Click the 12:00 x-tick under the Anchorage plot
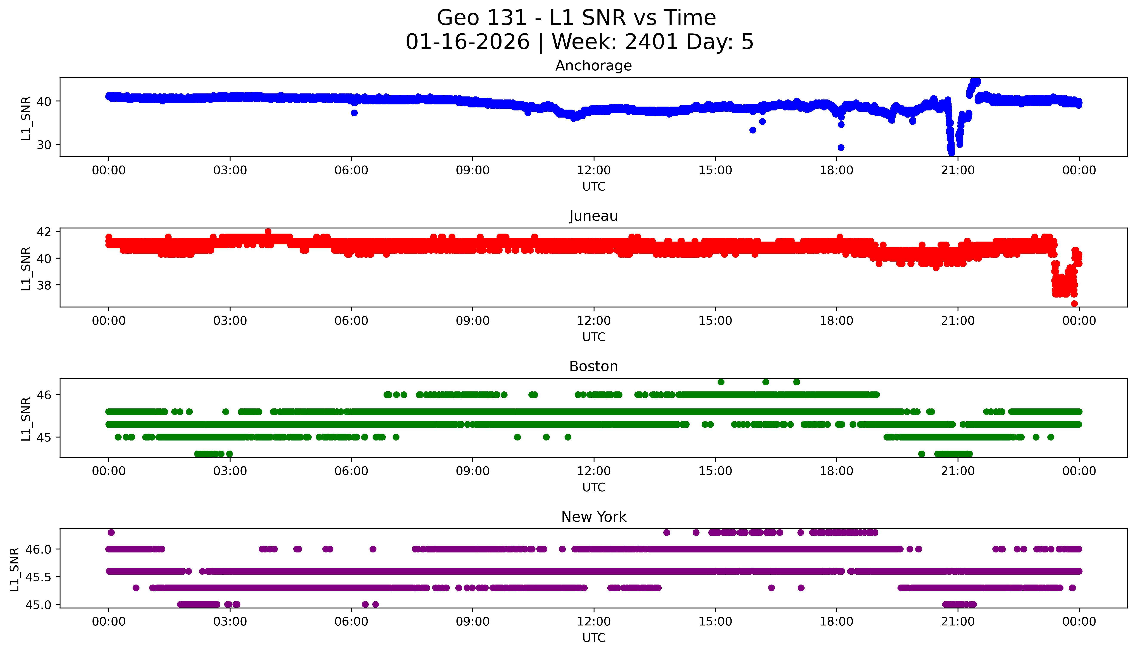pyautogui.click(x=594, y=171)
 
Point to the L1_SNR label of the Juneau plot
pyautogui.click(x=26, y=268)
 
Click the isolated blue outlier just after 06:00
pyautogui.click(x=354, y=113)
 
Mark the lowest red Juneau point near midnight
pyautogui.click(x=1074, y=304)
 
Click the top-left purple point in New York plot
pyautogui.click(x=111, y=532)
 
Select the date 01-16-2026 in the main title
pyautogui.click(x=467, y=42)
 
